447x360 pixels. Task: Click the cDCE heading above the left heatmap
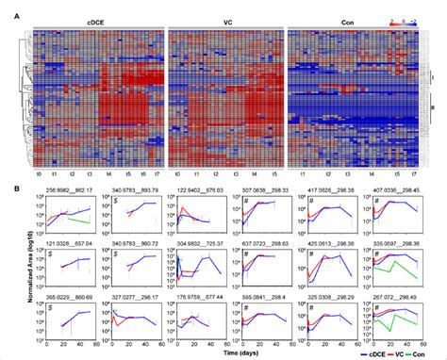(x=95, y=20)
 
